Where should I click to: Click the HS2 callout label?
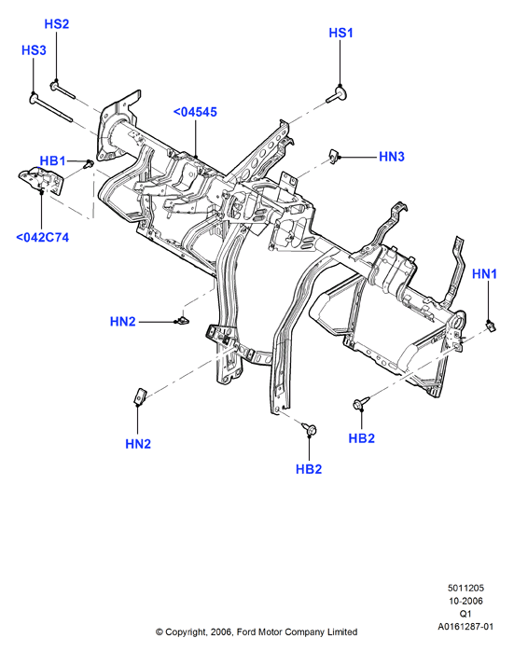click(x=57, y=24)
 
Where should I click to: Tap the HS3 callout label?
click(x=34, y=50)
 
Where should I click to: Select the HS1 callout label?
click(x=340, y=33)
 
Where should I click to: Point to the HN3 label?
click(x=391, y=157)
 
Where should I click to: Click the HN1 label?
click(x=484, y=274)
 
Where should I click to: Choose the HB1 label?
click(x=52, y=161)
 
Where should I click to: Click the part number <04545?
click(x=195, y=112)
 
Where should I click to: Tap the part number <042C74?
click(x=42, y=238)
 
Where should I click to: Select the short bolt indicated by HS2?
click(x=63, y=90)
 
